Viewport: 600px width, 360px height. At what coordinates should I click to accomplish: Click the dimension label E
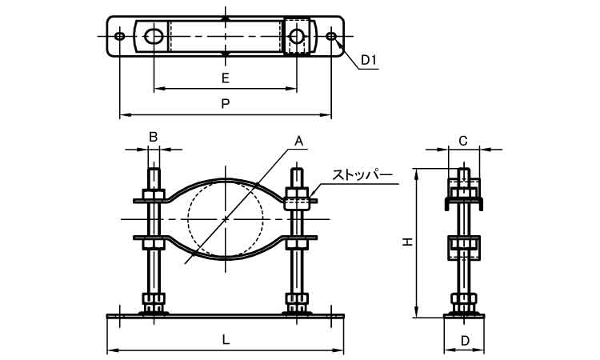(226, 78)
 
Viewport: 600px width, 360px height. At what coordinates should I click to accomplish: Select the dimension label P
(226, 103)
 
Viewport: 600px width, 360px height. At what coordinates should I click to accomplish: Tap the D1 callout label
(369, 60)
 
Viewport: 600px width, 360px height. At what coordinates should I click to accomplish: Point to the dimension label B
(153, 137)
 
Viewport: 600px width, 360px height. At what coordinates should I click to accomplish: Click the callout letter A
(298, 142)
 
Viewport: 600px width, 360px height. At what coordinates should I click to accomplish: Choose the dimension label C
(463, 141)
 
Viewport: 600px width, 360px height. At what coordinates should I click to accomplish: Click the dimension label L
(226, 339)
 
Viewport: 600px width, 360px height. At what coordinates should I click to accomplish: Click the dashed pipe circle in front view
(226, 218)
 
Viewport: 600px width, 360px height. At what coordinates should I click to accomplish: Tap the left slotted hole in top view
(154, 36)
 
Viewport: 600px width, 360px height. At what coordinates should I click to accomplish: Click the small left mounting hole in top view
(119, 37)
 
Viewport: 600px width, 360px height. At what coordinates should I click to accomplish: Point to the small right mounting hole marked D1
(332, 37)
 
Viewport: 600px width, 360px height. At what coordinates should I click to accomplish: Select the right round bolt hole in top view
(297, 37)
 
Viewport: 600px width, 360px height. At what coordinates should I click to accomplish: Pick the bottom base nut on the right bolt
(297, 304)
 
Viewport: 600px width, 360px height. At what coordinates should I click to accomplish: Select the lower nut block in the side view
(464, 247)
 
